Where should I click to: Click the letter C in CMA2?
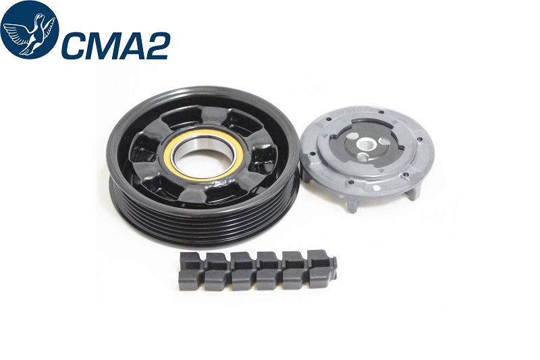(75, 45)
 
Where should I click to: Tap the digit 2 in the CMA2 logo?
(156, 45)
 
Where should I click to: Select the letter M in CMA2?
(103, 45)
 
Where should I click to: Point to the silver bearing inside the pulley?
(205, 155)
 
